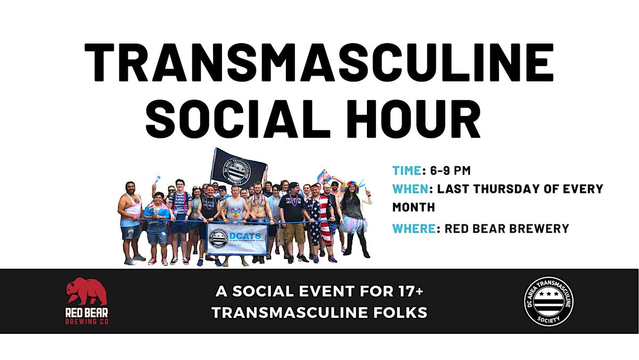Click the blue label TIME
click(407, 171)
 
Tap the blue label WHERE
click(413, 228)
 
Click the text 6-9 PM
click(450, 171)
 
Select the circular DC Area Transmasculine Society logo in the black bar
click(548, 301)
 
